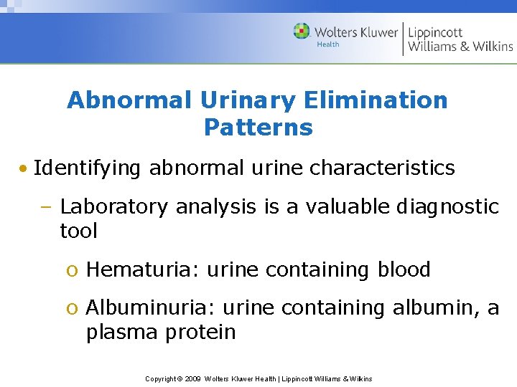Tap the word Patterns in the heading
[x=258, y=128]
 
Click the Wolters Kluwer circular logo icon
[x=302, y=32]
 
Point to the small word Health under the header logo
[x=328, y=44]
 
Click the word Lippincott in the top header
[x=435, y=32]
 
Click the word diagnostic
[x=447, y=207]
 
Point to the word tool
[x=78, y=231]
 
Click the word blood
[x=404, y=269]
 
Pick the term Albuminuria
[x=151, y=308]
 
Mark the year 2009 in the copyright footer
[x=192, y=378]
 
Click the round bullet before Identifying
[x=24, y=169]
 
